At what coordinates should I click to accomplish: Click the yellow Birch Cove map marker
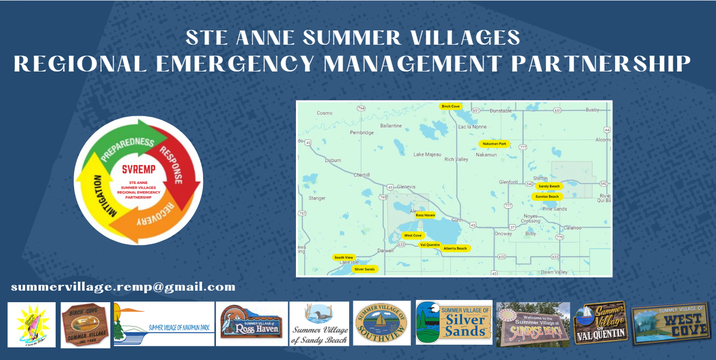coord(451,106)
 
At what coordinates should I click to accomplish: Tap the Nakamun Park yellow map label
coord(494,143)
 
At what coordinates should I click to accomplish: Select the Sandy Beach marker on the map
coord(549,186)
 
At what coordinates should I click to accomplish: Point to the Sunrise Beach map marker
coord(547,197)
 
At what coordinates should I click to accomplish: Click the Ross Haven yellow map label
coord(425,215)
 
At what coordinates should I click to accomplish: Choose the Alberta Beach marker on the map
coord(455,248)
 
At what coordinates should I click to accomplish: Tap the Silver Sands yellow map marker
coord(364,269)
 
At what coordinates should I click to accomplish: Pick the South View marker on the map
coord(344,258)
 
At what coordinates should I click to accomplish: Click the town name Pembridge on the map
coord(361,132)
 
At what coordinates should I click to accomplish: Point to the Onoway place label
coord(503,234)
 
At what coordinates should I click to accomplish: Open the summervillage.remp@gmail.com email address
coord(123,287)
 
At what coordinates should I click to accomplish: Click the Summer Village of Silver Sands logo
coord(454,322)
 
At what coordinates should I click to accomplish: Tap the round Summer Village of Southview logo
coord(382,323)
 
